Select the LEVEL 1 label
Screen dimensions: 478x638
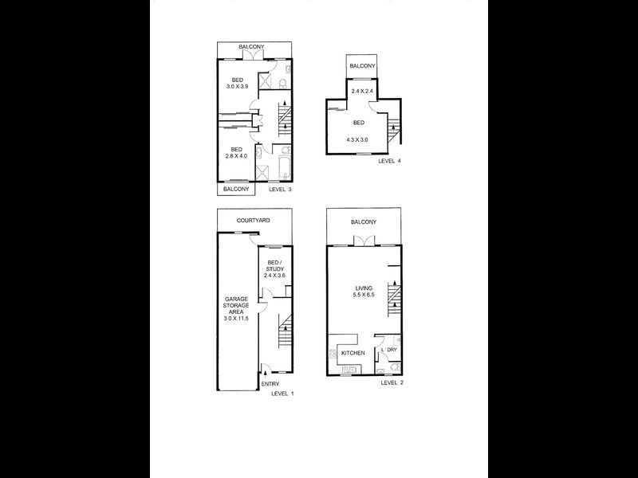282,394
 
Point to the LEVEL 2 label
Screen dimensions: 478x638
392,382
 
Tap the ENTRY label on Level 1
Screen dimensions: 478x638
270,383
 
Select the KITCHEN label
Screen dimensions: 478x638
352,352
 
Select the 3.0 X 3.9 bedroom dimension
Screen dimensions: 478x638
237,87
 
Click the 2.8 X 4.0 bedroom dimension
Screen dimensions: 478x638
237,156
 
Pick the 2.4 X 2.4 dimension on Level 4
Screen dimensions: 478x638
361,92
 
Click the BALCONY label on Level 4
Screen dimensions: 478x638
361,65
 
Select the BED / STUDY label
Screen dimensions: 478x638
274,265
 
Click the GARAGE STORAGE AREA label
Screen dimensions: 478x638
237,305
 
